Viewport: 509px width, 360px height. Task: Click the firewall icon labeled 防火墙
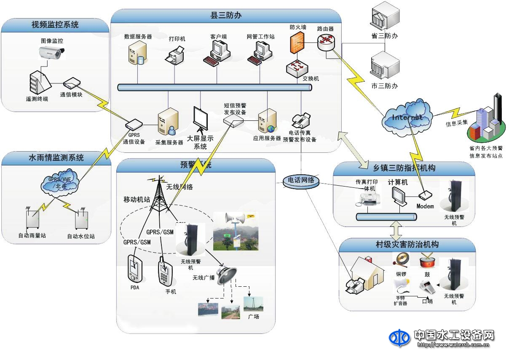[x=297, y=43]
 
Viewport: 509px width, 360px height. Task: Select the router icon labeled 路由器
[x=326, y=41]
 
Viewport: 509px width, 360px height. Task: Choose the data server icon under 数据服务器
[x=138, y=54]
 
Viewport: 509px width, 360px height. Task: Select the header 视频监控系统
[x=55, y=25]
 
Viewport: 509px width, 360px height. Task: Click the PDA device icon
[x=134, y=269]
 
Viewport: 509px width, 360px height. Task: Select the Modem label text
[x=425, y=206]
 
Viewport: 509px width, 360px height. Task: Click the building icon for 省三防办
[x=384, y=19]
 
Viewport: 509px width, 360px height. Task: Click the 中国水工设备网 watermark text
[x=453, y=335]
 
